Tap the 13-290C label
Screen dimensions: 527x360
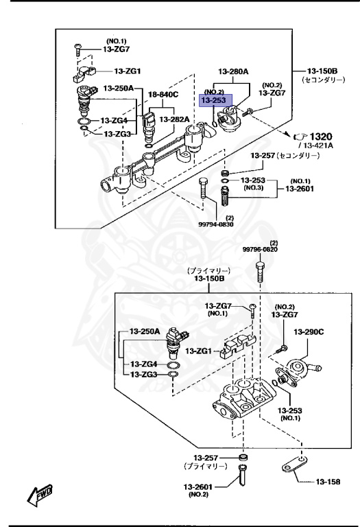pyautogui.click(x=309, y=331)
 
